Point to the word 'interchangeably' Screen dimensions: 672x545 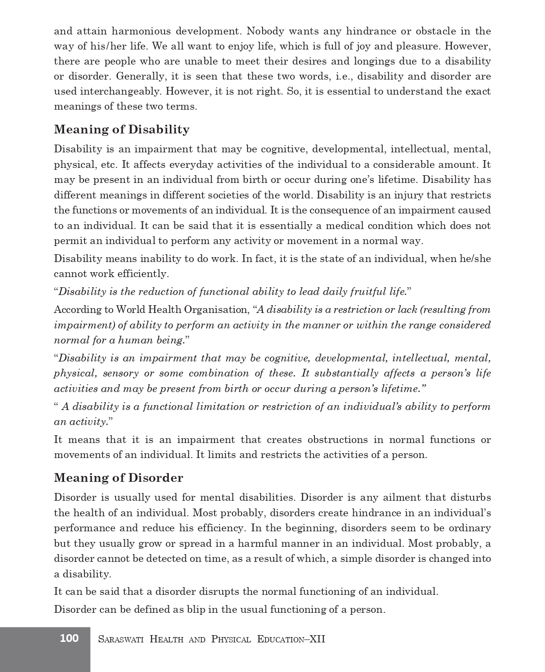pyautogui.click(x=120, y=92)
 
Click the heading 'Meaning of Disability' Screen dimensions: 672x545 pyautogui.click(x=122, y=130)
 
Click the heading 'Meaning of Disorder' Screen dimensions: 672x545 pyautogui.click(x=118, y=478)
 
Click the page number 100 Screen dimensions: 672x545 pyautogui.click(x=69, y=638)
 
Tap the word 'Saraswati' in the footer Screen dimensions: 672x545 pyautogui.click(x=120, y=639)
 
